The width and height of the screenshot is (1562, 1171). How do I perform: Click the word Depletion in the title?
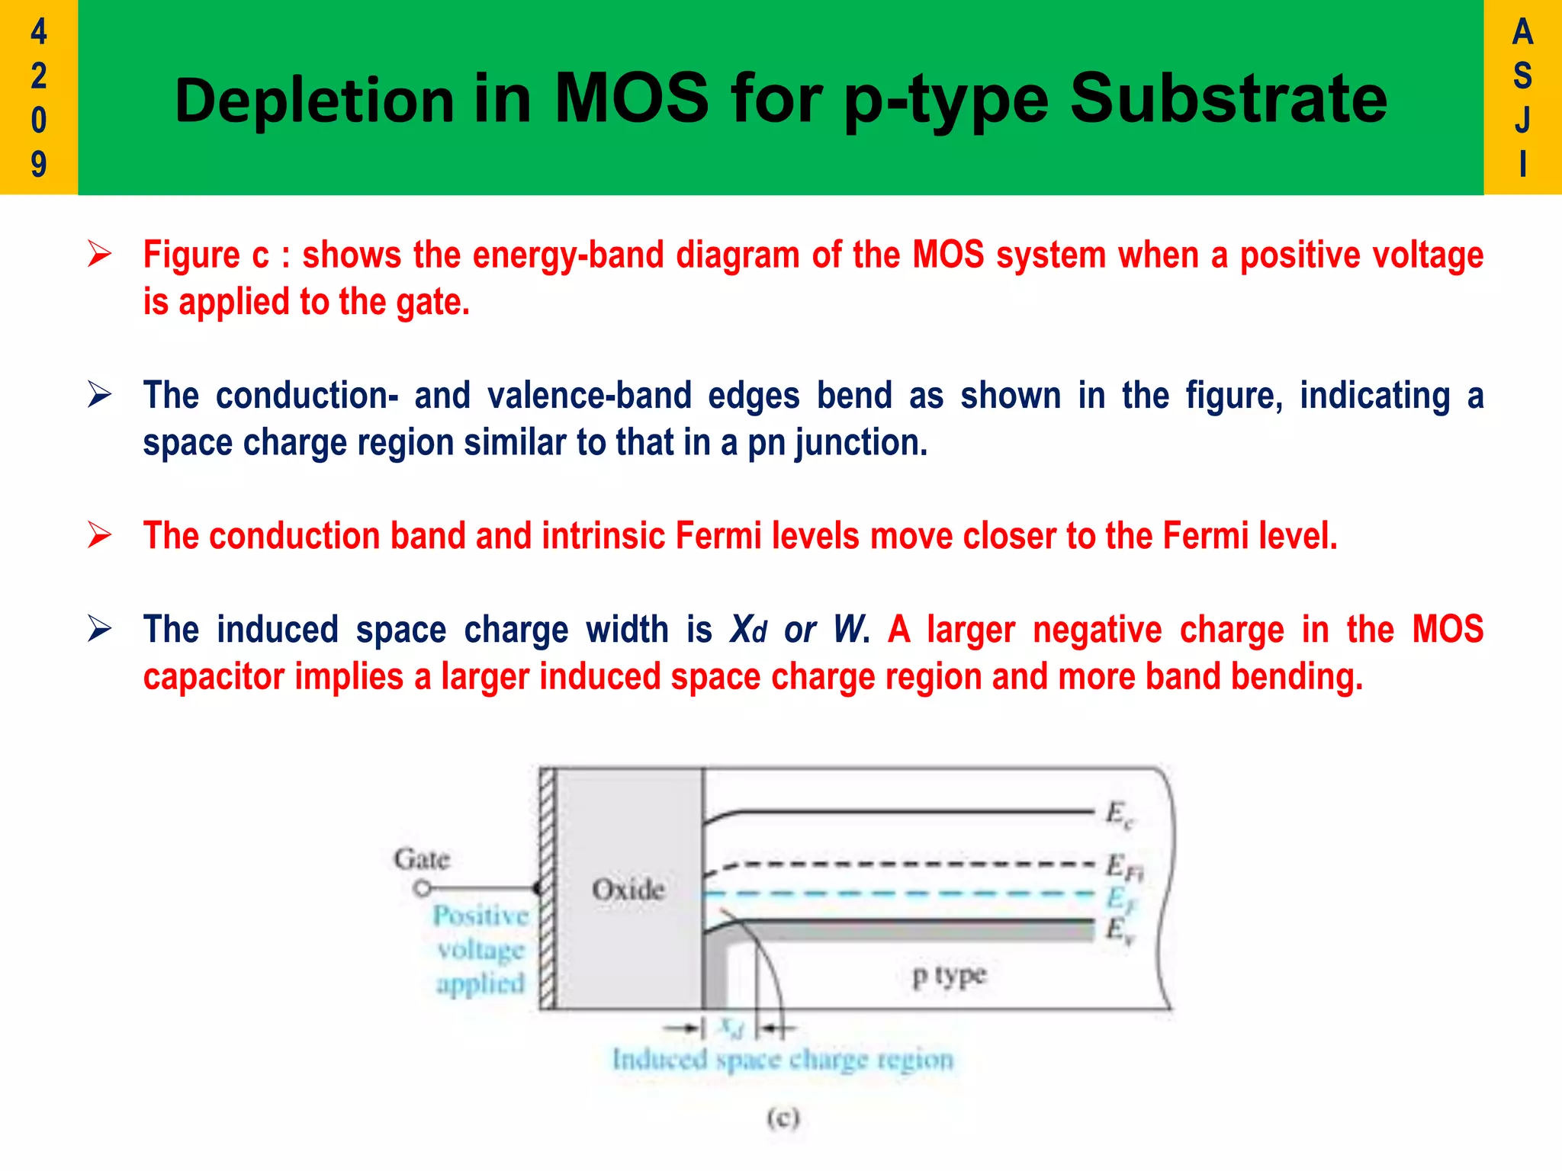coord(314,101)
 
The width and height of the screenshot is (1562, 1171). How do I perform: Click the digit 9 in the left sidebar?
coord(38,164)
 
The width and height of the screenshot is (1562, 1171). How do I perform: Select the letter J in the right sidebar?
coord(1522,120)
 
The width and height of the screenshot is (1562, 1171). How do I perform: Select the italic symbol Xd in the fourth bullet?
coord(747,630)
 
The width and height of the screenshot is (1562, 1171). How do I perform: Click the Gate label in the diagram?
coord(422,859)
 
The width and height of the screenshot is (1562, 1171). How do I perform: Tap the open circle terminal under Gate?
coord(422,889)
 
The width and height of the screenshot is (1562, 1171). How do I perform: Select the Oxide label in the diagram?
coord(628,889)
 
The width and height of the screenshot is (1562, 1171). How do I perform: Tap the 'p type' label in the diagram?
coord(949,975)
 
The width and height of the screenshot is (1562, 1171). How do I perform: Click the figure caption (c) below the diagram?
coord(783,1118)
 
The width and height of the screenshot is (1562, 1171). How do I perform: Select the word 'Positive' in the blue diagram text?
coord(480,916)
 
